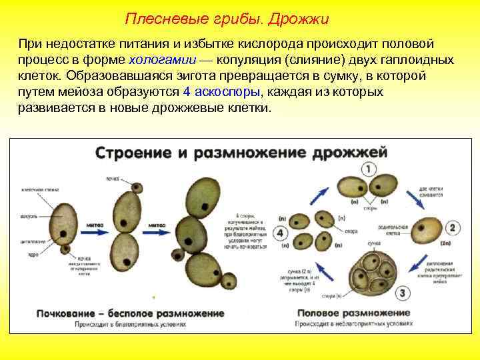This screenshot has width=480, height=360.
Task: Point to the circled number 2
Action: pos(453,228)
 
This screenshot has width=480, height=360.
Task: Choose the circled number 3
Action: pos(403,292)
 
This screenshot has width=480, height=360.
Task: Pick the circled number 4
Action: pos(280,233)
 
